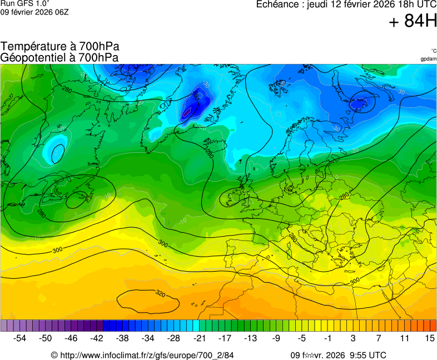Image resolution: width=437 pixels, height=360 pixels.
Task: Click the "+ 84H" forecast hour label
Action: [413, 22]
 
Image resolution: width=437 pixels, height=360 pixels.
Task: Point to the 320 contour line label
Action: [160, 293]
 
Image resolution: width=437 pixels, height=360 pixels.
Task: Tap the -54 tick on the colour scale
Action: [20, 338]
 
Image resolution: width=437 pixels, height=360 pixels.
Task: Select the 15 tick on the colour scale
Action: [429, 338]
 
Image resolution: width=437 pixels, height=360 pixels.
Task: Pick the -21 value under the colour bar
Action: [199, 338]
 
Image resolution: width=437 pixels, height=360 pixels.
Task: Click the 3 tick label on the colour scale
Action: [353, 338]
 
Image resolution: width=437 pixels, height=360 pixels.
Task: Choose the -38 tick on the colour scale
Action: [122, 338]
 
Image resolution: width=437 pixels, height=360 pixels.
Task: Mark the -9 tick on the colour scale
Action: [276, 338]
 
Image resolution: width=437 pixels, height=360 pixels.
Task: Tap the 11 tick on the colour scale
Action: [404, 338]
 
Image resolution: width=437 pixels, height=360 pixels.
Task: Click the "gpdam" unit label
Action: [428, 59]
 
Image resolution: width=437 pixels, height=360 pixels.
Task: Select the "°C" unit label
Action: [433, 51]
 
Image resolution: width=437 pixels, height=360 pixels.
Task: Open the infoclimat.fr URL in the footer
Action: [146, 355]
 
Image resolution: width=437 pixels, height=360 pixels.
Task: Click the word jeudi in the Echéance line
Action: [320, 4]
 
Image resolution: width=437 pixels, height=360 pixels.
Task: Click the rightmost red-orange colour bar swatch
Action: [433, 326]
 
